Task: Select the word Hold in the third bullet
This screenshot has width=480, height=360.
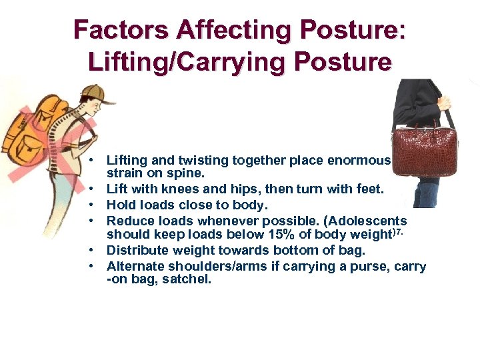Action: [x=121, y=205]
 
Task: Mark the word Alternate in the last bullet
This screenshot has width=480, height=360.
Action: [x=135, y=267]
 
